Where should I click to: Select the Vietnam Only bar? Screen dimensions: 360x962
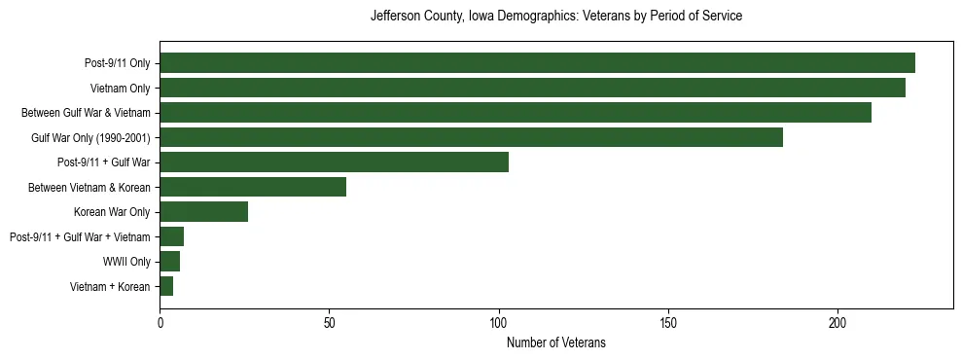coord(532,88)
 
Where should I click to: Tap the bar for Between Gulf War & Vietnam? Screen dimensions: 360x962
coord(516,112)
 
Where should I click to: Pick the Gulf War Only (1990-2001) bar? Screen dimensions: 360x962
coord(471,137)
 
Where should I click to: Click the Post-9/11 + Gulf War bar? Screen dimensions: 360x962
coord(334,162)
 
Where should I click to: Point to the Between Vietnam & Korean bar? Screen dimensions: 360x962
coord(253,187)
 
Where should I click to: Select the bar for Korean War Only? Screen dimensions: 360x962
coord(203,211)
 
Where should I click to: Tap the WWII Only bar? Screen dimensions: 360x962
coord(170,261)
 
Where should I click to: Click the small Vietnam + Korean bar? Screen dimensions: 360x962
coord(166,286)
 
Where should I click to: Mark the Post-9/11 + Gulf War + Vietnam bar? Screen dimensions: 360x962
coord(171,236)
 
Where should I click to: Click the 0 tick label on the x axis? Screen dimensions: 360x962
coord(160,322)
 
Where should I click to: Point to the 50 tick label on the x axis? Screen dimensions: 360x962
coord(330,322)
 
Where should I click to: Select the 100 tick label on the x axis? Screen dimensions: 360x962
coord(499,322)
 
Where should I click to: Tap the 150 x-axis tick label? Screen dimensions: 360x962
coord(668,322)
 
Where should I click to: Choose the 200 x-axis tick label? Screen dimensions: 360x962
coord(837,322)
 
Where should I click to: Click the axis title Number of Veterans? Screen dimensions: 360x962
coord(556,342)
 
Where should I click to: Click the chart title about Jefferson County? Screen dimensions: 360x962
coord(556,17)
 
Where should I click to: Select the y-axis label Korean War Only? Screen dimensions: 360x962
coord(112,212)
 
